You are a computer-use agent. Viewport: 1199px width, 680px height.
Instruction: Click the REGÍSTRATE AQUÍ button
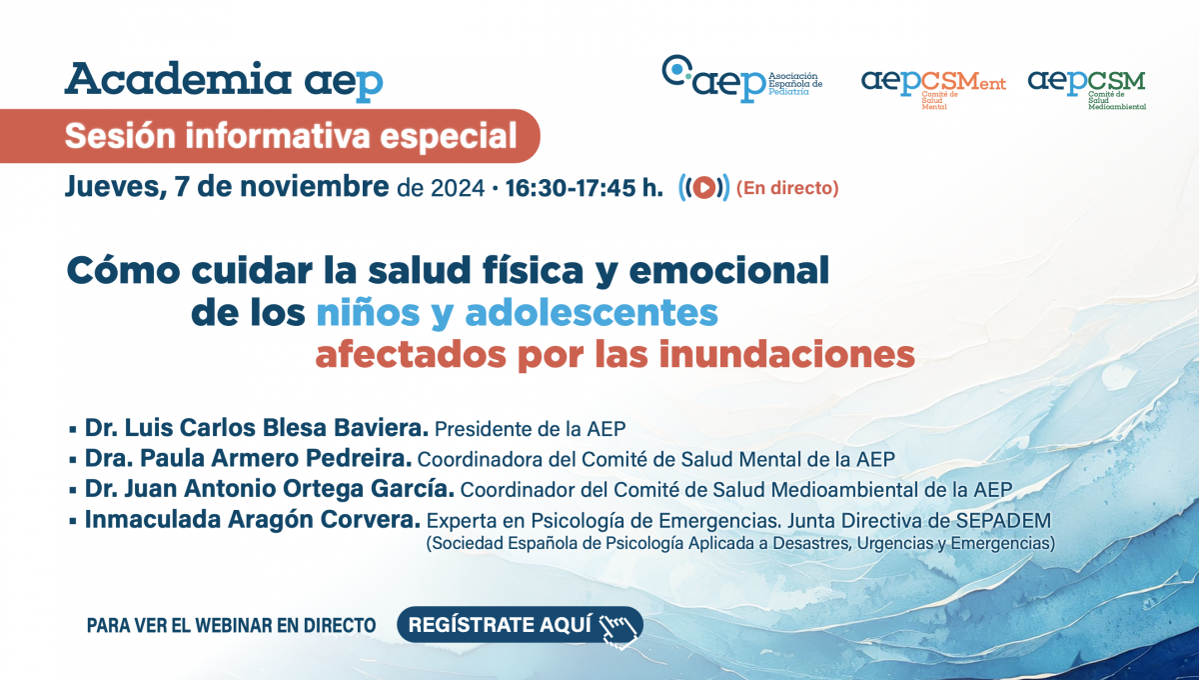[520, 624]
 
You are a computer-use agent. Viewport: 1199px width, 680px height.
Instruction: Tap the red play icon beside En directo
[703, 188]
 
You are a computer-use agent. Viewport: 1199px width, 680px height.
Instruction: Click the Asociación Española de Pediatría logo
[741, 79]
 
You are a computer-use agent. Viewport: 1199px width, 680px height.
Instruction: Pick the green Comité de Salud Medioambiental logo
[1087, 89]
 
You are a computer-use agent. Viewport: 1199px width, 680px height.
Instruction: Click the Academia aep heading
[224, 81]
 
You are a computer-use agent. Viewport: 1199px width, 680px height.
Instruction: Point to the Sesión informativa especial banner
[270, 136]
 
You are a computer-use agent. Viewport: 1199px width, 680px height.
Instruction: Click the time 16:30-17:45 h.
[584, 188]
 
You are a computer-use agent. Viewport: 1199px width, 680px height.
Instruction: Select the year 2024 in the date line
[458, 189]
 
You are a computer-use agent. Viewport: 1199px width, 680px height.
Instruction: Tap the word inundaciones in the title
[787, 355]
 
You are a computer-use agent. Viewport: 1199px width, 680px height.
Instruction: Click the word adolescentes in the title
[591, 312]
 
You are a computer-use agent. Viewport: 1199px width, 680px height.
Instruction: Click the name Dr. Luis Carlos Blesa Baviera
[257, 428]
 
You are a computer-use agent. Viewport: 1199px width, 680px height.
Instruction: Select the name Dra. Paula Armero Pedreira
[248, 458]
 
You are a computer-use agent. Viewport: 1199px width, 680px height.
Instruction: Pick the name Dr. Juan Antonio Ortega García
[269, 489]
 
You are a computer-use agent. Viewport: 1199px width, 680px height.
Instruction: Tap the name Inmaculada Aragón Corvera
[252, 519]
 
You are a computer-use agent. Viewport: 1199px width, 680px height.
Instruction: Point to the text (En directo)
[787, 188]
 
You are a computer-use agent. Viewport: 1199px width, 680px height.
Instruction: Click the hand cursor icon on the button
[618, 631]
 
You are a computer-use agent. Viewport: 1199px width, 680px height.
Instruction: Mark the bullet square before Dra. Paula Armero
[73, 460]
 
